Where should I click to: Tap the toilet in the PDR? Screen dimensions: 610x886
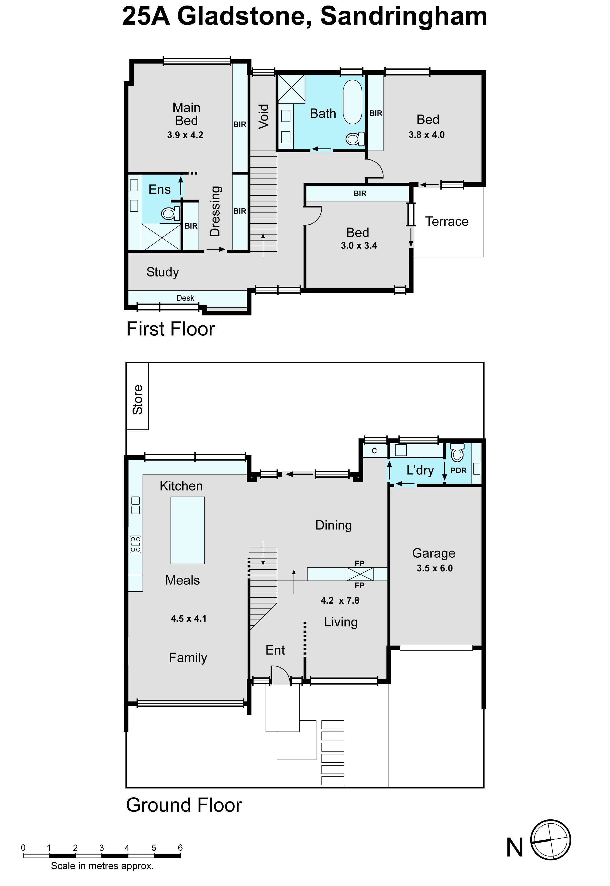[457, 453]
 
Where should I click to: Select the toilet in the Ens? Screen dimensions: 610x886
[170, 213]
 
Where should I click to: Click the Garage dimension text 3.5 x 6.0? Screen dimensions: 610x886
[435, 568]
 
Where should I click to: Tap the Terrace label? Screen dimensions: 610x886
[447, 221]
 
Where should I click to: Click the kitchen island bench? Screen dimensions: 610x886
[187, 530]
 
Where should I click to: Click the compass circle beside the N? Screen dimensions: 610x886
[551, 840]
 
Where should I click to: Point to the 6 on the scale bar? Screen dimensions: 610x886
[180, 847]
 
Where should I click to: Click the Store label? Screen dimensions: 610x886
[138, 400]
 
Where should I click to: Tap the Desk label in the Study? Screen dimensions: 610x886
[185, 298]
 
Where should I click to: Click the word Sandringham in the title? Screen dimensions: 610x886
[404, 16]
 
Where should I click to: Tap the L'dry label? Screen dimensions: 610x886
[420, 470]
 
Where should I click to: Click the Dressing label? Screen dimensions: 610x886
[215, 211]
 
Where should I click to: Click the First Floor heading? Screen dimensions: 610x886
[171, 329]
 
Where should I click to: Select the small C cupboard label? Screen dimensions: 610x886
[374, 451]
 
